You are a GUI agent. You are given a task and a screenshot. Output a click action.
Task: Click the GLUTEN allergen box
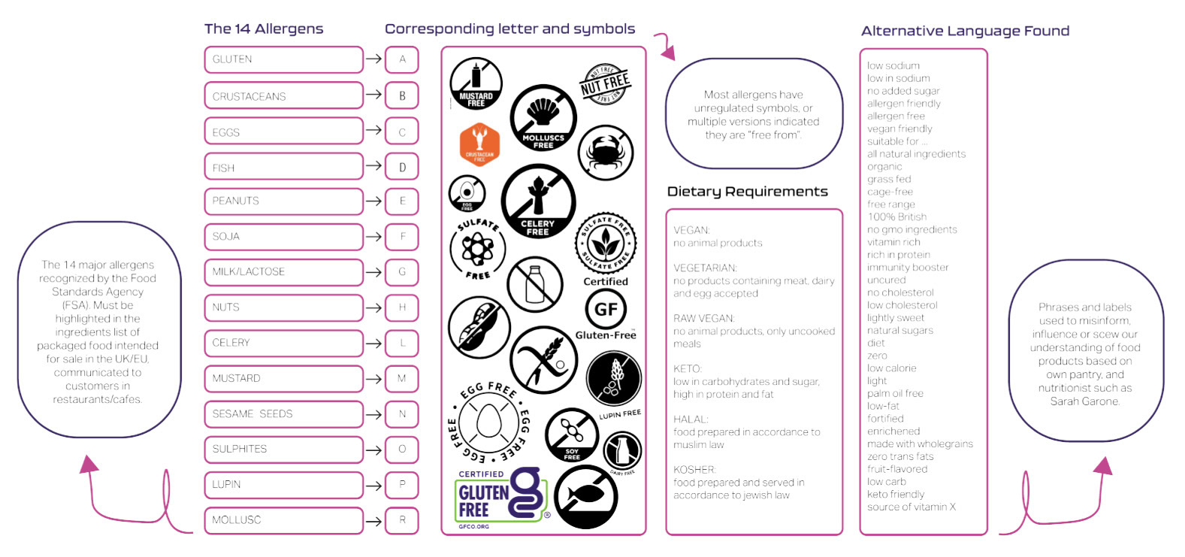[x=283, y=59]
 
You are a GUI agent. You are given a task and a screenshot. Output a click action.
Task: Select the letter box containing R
[x=402, y=519]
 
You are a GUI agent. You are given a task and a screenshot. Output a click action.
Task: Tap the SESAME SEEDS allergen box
[x=283, y=414]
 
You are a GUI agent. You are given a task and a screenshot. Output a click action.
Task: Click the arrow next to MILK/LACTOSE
[x=373, y=272]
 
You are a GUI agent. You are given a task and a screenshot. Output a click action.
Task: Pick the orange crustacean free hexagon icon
[x=479, y=144]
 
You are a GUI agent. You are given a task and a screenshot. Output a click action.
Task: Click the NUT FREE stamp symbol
[x=605, y=84]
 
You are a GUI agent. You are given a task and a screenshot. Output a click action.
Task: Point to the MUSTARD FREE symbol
[x=476, y=83]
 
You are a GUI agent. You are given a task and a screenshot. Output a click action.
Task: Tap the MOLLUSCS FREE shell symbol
[x=543, y=117]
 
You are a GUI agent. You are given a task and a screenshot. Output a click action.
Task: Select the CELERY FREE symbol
[x=538, y=201]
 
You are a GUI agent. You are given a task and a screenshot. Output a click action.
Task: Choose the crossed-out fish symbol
[x=585, y=496]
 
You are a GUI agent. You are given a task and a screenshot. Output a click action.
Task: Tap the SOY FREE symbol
[x=571, y=434]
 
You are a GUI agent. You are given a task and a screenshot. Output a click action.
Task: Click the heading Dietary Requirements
[x=747, y=192]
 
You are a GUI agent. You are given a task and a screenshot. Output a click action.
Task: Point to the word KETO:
[x=688, y=369]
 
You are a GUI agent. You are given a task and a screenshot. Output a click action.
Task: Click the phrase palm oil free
[x=895, y=393]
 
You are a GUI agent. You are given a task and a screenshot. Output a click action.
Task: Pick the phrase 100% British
[x=897, y=216]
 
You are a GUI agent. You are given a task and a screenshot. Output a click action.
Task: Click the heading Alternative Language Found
[x=965, y=31]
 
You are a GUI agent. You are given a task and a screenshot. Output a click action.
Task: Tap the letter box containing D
[x=402, y=167]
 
